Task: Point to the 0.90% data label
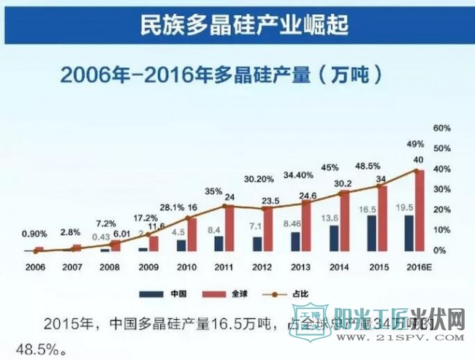tap(34, 234)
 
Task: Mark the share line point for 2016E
tap(417, 171)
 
